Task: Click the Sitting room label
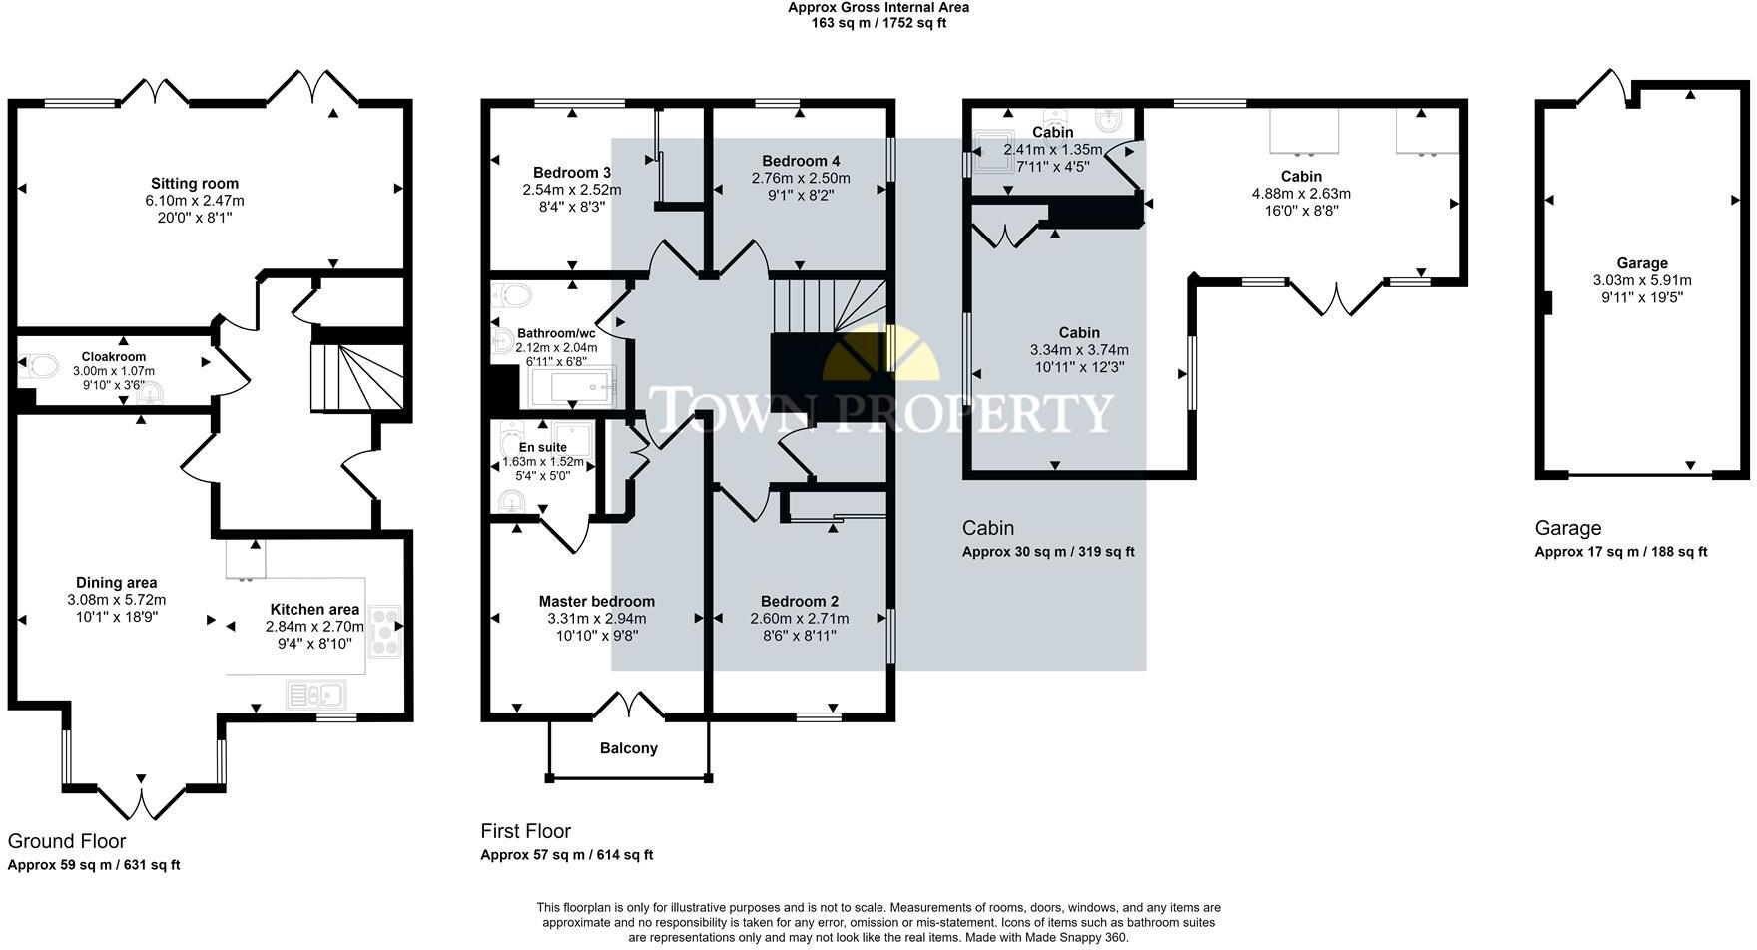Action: tap(195, 184)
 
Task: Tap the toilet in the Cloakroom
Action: tap(41, 366)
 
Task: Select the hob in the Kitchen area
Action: tap(384, 631)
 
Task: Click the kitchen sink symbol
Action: tap(315, 694)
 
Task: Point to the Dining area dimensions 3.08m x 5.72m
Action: tap(116, 600)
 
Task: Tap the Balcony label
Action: tap(628, 748)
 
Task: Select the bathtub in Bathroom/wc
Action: tap(573, 389)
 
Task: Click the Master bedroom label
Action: tap(596, 601)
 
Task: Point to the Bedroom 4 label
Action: tap(801, 161)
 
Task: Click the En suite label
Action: tap(542, 448)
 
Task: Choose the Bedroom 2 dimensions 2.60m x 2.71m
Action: tap(799, 619)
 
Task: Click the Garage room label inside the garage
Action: tap(1642, 263)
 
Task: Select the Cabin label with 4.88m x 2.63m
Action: tap(1301, 177)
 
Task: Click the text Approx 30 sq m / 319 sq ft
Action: tap(1048, 552)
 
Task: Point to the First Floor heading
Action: tap(525, 831)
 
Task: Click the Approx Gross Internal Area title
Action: tap(878, 7)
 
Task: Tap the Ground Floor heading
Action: tap(67, 841)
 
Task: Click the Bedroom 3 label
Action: tap(571, 172)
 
